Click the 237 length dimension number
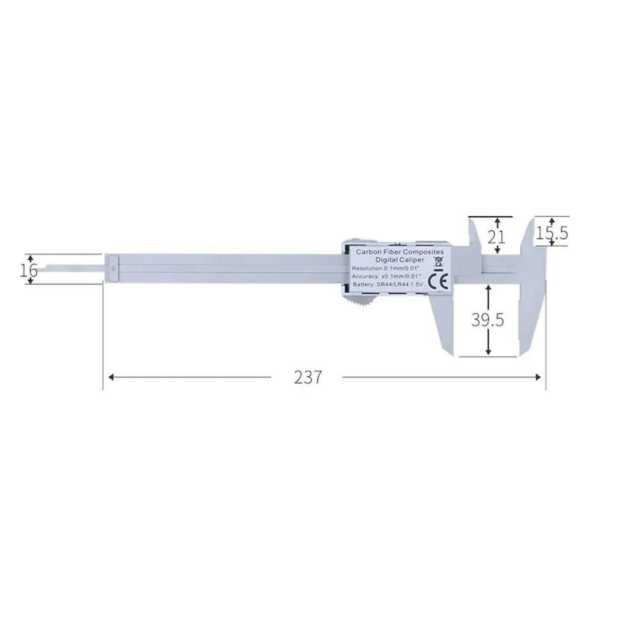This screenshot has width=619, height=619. (x=308, y=377)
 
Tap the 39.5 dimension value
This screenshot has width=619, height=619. (x=488, y=319)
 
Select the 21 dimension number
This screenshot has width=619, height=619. (x=497, y=237)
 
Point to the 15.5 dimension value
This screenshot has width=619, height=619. (x=553, y=233)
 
